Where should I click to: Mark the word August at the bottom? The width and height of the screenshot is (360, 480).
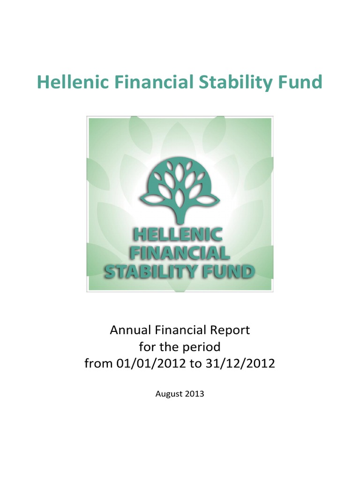169,394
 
